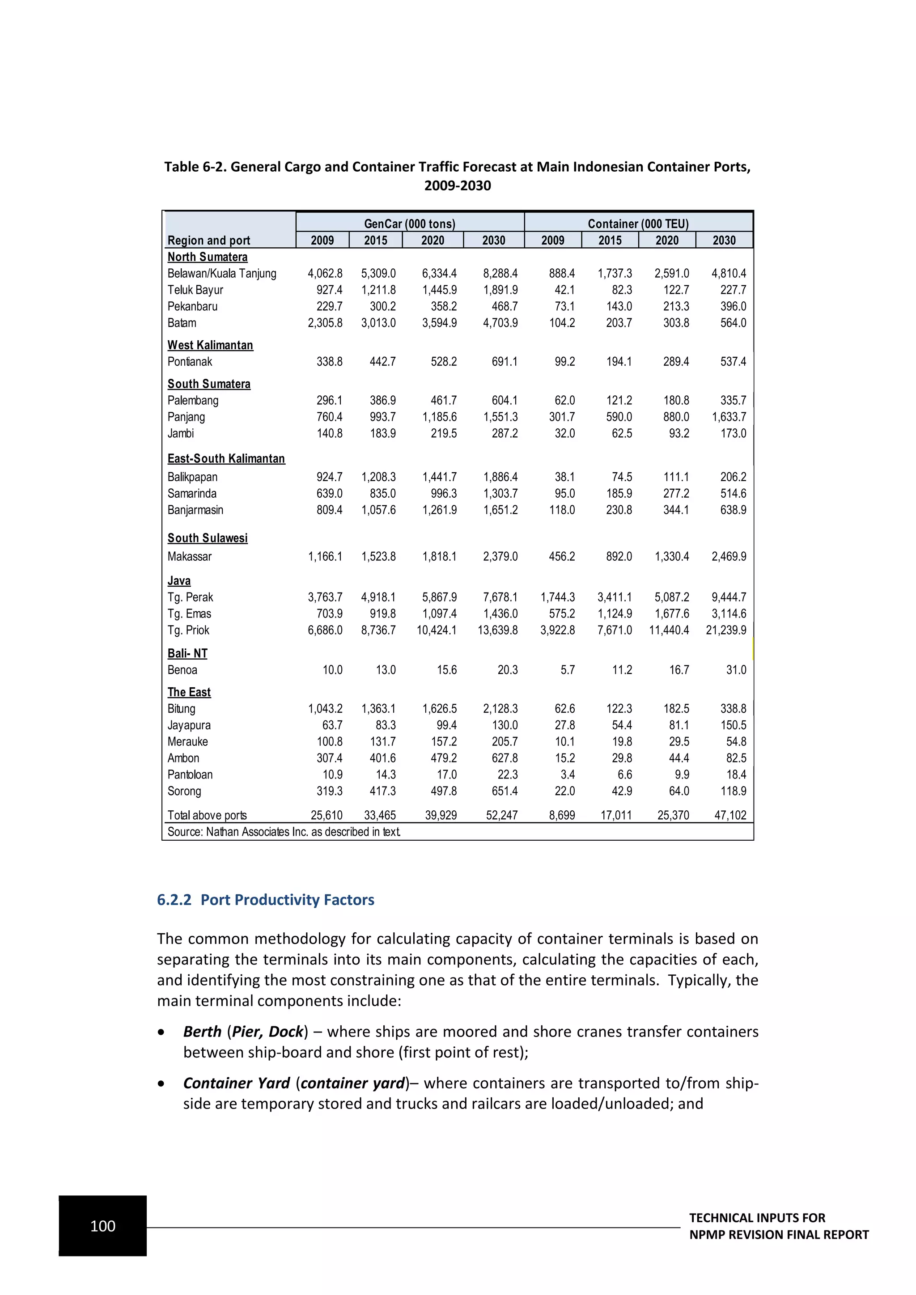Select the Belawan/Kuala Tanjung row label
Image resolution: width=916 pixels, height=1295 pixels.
tap(222, 274)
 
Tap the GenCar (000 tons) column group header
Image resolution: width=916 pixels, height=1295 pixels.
tap(410, 223)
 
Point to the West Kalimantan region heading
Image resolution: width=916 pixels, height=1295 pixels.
tap(210, 345)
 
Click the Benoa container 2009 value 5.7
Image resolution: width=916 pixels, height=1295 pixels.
tap(568, 670)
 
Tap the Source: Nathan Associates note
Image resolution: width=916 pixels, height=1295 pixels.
tap(284, 832)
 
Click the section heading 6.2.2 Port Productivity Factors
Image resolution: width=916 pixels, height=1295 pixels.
tap(265, 900)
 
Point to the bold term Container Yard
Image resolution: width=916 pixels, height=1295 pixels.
tap(236, 1083)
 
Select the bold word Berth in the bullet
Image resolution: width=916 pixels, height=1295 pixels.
tap(202, 1032)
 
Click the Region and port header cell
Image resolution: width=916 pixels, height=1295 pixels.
tap(209, 240)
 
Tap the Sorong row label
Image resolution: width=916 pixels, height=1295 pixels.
tap(184, 791)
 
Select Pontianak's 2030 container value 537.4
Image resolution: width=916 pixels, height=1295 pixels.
tap(733, 362)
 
